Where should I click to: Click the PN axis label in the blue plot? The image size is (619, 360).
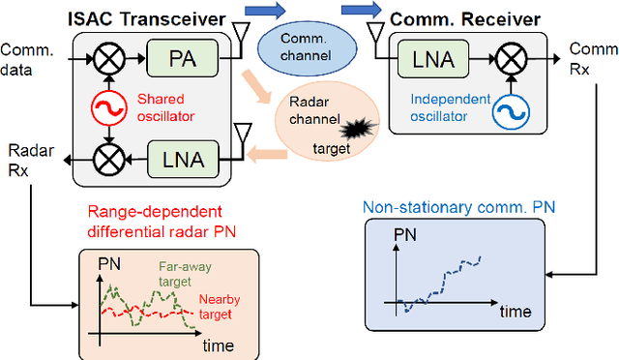pos(407,236)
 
